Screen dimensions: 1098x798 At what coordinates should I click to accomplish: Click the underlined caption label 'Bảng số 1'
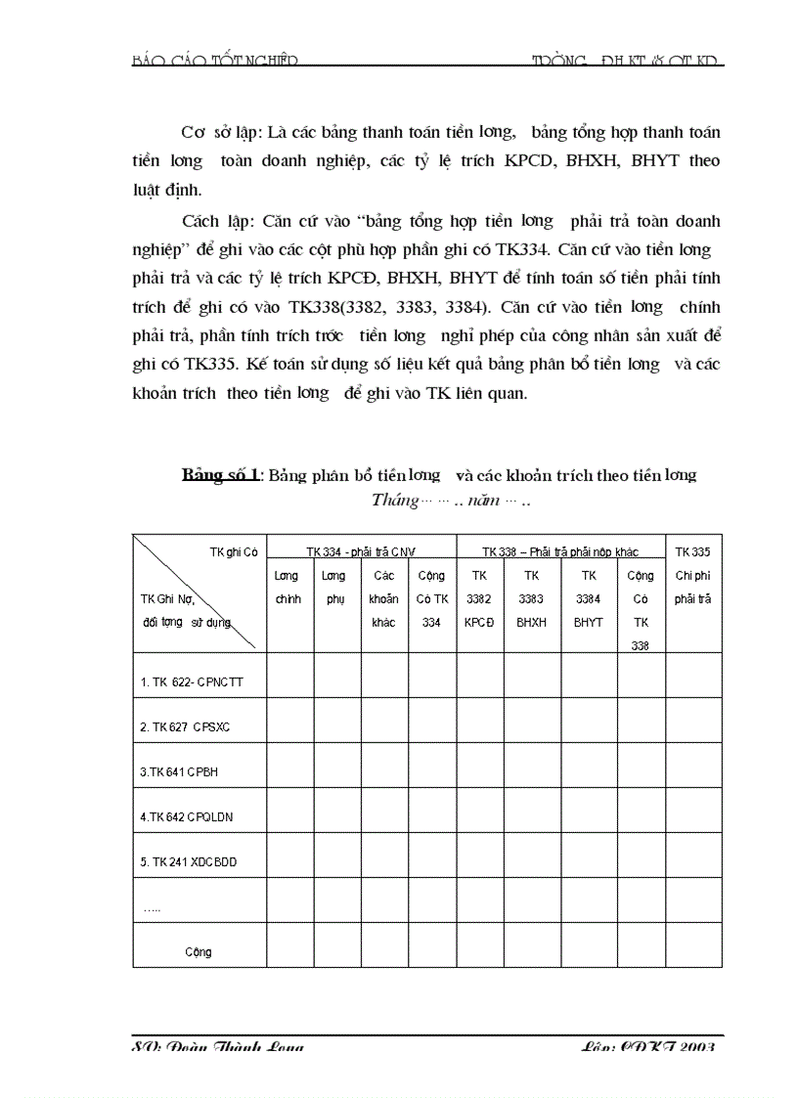point(220,475)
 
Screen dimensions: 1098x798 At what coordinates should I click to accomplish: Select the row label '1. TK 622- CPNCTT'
point(191,681)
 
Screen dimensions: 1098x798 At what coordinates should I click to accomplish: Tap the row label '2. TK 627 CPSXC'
point(185,726)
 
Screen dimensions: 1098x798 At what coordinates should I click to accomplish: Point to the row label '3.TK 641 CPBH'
point(179,771)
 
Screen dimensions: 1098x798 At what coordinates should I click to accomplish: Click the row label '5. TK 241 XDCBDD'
point(188,861)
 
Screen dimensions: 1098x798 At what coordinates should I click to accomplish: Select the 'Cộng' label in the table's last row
point(198,951)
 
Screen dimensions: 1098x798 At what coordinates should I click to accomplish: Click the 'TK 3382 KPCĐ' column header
point(479,598)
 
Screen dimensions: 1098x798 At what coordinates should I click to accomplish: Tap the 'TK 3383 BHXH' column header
point(532,598)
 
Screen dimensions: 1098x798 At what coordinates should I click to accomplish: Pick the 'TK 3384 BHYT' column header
point(589,598)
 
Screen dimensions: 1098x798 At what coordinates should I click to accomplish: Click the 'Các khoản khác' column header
point(384,598)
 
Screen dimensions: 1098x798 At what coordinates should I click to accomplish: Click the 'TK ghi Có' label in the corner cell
point(233,551)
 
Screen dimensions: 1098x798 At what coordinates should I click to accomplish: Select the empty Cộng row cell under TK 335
point(693,944)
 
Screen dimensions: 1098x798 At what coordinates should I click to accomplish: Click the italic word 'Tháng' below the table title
point(393,501)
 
